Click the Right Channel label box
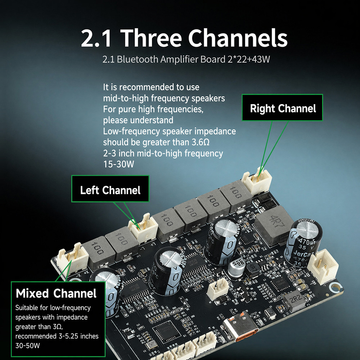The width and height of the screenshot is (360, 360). pos(282,107)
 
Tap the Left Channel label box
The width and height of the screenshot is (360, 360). pos(110,189)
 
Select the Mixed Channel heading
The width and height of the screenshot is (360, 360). pos(56,293)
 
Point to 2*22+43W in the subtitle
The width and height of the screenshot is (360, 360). pos(249,59)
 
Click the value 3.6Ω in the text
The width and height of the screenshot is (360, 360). pos(201,142)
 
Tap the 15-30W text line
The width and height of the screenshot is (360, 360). pos(118,164)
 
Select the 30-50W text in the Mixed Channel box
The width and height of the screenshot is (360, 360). pos(28,346)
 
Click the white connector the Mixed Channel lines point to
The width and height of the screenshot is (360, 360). pos(72,260)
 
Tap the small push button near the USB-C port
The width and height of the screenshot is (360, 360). pos(270,314)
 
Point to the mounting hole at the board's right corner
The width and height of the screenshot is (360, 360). pos(334,287)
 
